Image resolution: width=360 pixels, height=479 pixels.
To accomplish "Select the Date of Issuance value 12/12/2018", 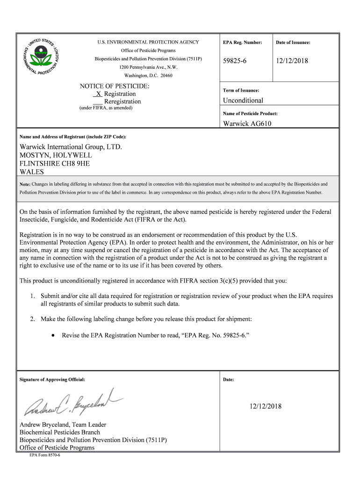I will click(292, 61).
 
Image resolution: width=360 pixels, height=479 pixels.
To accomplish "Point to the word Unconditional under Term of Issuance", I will click(243, 101).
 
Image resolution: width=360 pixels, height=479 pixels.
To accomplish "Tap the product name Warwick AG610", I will click(247, 124).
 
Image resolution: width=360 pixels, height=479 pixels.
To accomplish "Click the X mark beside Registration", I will click(99, 94).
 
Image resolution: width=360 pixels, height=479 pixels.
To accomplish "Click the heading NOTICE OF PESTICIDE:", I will click(115, 87).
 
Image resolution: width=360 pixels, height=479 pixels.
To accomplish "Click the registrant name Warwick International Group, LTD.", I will click(70, 147).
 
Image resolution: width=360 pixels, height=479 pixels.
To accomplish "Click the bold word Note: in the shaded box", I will click(24, 184).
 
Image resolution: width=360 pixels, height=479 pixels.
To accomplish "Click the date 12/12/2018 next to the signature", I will click(265, 406).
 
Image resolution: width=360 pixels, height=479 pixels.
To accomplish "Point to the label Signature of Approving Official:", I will click(52, 379).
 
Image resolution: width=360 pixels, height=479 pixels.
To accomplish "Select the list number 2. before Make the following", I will click(33, 319).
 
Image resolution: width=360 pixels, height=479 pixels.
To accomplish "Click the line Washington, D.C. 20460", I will click(148, 76).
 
